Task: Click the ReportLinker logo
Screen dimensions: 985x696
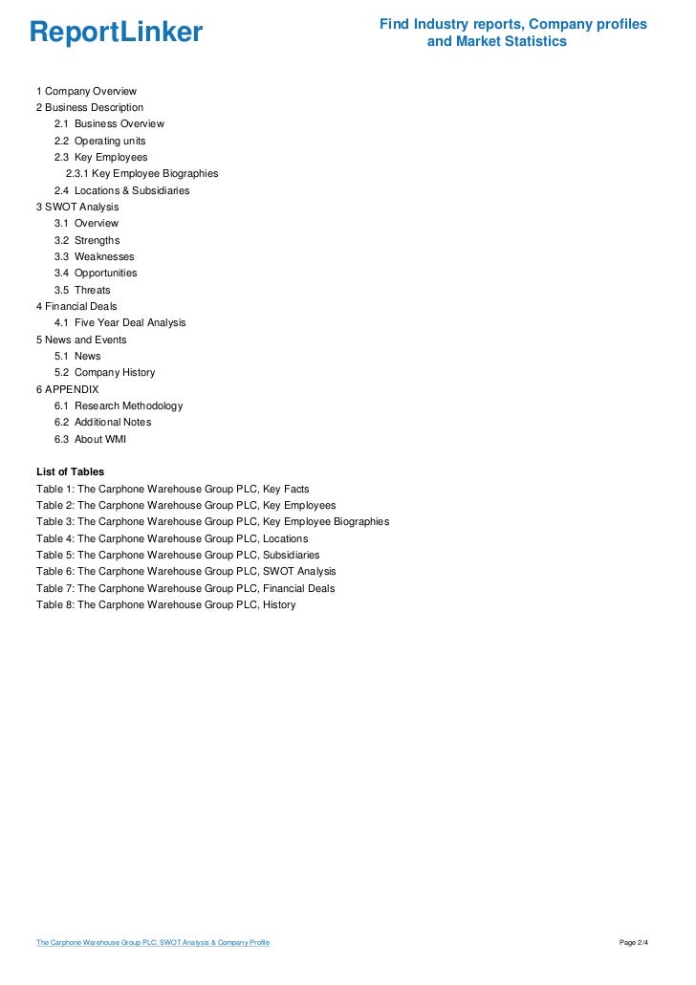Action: pos(116,33)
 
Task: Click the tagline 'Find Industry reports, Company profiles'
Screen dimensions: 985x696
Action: pos(512,23)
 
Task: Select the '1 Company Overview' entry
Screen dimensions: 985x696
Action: pos(86,91)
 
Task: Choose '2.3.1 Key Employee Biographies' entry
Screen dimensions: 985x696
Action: pos(141,174)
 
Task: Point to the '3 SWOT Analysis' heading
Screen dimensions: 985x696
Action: pos(77,207)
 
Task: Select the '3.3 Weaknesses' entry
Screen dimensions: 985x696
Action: pos(95,256)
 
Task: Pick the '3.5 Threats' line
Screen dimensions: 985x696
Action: pos(82,290)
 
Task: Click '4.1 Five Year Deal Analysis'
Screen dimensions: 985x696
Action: pos(120,322)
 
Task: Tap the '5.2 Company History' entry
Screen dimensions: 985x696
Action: pos(104,372)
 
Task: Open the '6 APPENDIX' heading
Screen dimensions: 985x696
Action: pos(67,389)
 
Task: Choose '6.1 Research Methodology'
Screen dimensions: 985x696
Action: pos(119,405)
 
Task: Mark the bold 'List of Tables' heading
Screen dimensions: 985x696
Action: pos(70,471)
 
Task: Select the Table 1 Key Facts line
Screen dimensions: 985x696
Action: pos(172,489)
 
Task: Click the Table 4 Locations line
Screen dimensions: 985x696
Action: pos(172,538)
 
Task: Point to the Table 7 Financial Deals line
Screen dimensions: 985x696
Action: pos(185,588)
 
